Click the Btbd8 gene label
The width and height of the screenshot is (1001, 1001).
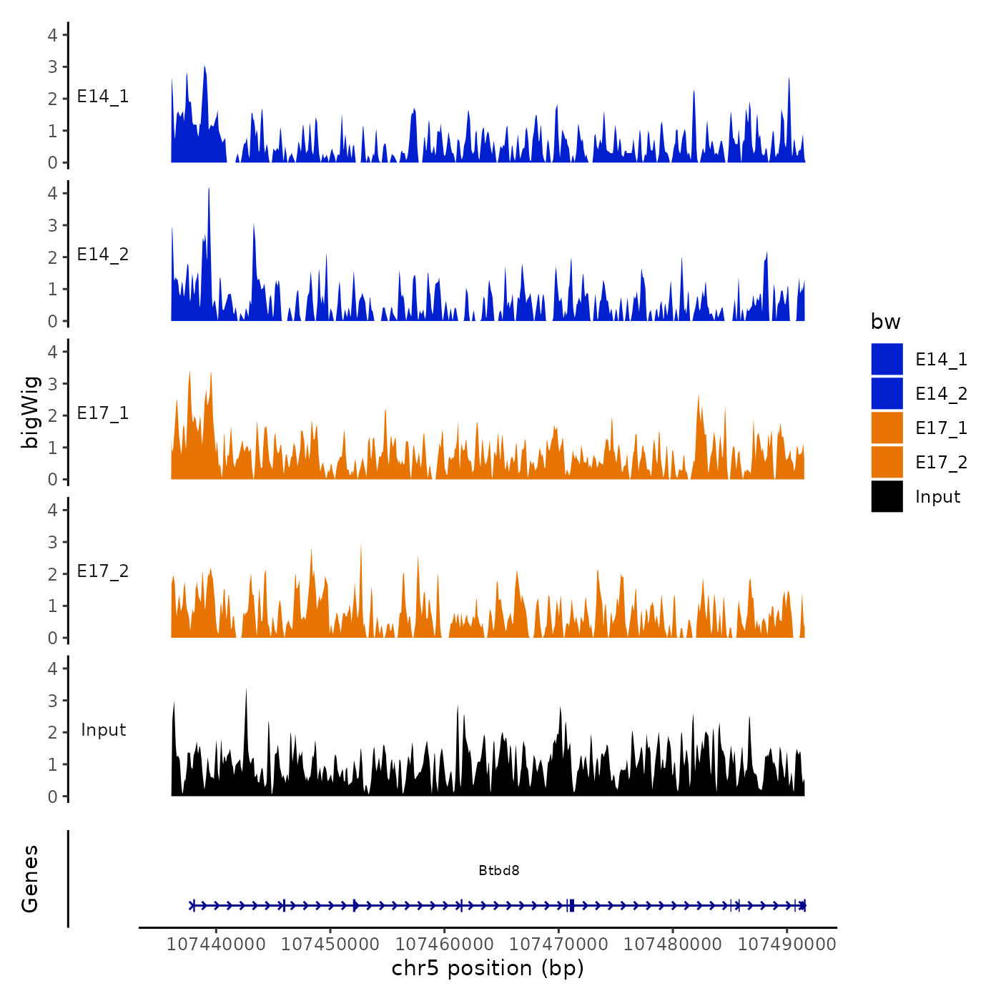tap(499, 870)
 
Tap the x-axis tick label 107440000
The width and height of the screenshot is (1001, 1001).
tap(216, 944)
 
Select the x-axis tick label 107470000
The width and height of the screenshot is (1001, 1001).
tap(558, 944)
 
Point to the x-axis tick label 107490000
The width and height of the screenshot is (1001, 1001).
tap(786, 944)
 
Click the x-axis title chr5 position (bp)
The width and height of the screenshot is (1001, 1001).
tap(488, 968)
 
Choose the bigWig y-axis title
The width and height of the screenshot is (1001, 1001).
tap(30, 412)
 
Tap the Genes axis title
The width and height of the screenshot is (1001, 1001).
tap(30, 879)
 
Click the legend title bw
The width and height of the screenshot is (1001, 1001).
tap(885, 322)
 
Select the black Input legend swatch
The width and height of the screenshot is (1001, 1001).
tap(887, 496)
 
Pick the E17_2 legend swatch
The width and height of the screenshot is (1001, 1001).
tap(887, 462)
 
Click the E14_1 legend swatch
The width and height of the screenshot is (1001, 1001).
tap(887, 359)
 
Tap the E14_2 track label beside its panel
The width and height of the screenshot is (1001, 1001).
tap(103, 255)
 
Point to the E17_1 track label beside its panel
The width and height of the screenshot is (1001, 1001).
tap(103, 413)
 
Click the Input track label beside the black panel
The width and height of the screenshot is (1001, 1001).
tap(103, 730)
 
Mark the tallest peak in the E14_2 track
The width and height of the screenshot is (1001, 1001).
tap(209, 189)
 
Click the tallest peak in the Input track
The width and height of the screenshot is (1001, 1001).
tap(246, 690)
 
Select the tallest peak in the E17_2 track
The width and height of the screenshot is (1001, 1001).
tap(361, 544)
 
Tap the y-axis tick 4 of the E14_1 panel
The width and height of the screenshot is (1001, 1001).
tap(52, 34)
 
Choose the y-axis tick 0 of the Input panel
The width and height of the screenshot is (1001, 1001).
tap(52, 797)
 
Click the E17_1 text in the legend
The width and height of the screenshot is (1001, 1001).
tap(941, 428)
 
